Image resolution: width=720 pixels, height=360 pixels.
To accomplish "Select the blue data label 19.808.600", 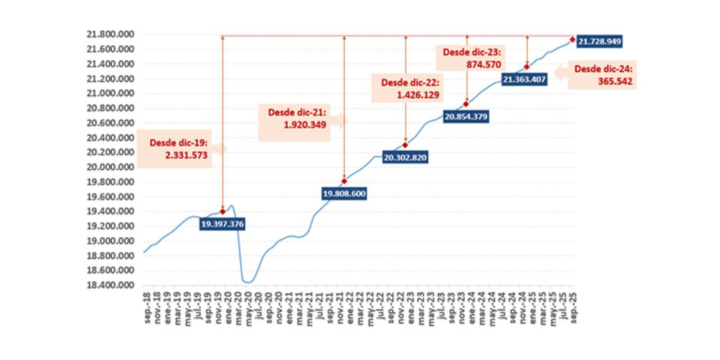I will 344,193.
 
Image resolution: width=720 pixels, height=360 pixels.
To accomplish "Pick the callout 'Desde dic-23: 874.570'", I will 469,58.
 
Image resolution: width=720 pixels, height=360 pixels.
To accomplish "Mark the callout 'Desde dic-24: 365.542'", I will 602,74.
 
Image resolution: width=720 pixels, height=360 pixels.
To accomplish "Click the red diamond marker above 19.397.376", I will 223,211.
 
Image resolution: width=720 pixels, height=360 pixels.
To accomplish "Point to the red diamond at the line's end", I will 572,40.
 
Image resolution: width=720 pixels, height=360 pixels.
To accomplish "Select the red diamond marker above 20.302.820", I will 406,145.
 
